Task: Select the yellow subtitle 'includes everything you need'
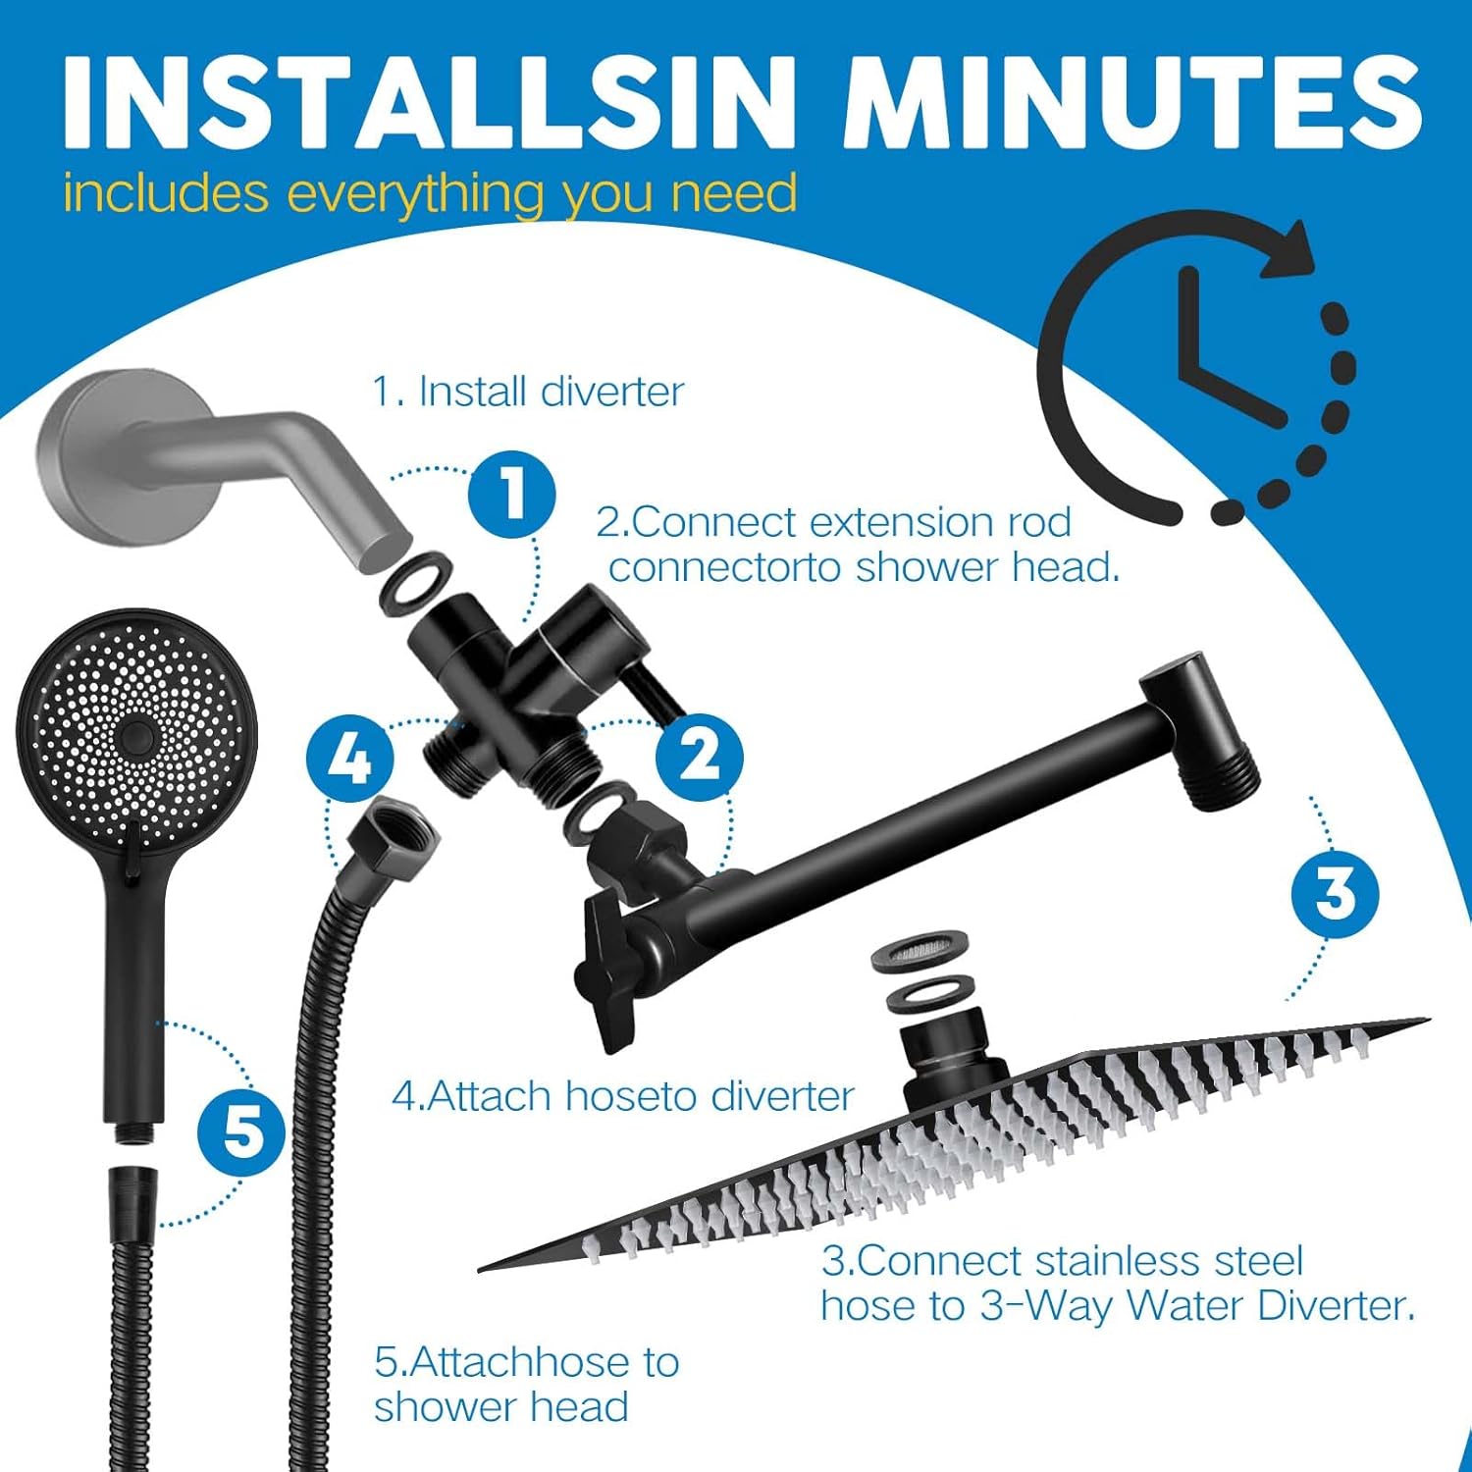(430, 192)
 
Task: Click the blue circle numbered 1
(511, 494)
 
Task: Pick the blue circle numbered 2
(699, 758)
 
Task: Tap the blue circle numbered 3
(1335, 893)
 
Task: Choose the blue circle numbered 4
(350, 760)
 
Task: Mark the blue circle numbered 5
(241, 1132)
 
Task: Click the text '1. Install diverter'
(527, 392)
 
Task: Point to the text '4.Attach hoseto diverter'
(623, 1096)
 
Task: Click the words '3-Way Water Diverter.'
(1197, 1306)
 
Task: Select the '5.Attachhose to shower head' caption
(526, 1384)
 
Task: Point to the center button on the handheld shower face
(136, 736)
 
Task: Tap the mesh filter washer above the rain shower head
(920, 955)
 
